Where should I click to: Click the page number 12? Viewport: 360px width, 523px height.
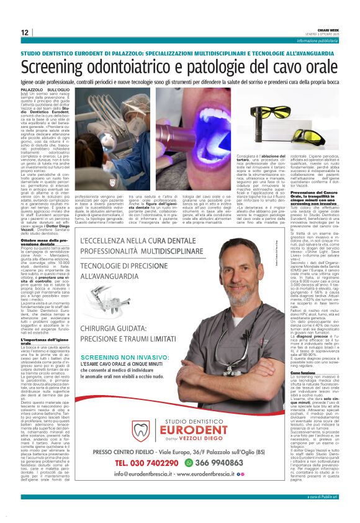point(24,32)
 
